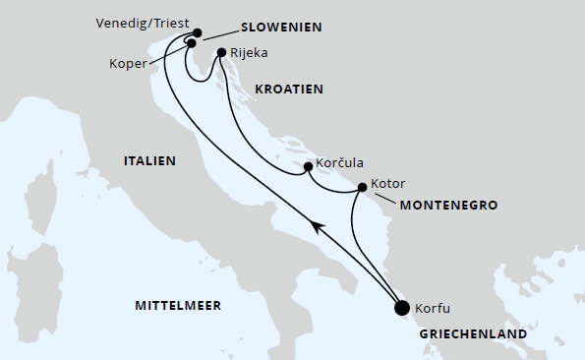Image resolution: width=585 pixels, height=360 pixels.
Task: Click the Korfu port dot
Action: pyautogui.click(x=401, y=307)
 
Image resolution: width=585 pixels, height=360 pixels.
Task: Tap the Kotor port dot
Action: pyautogui.click(x=363, y=187)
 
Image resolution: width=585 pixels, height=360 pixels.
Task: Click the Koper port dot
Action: pyautogui.click(x=191, y=43)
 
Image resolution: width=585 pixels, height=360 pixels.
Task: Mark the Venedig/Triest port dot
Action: pyautogui.click(x=198, y=32)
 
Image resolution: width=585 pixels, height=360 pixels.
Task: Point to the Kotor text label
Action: pyautogui.click(x=388, y=183)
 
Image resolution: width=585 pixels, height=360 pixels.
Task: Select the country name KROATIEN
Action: pyautogui.click(x=289, y=89)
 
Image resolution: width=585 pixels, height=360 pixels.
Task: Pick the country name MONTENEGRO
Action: pyautogui.click(x=447, y=206)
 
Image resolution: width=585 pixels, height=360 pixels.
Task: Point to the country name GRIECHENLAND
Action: pyautogui.click(x=473, y=333)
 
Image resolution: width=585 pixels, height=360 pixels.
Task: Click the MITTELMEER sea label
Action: pyautogui.click(x=177, y=305)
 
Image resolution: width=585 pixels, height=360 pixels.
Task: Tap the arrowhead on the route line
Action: pyautogui.click(x=317, y=228)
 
